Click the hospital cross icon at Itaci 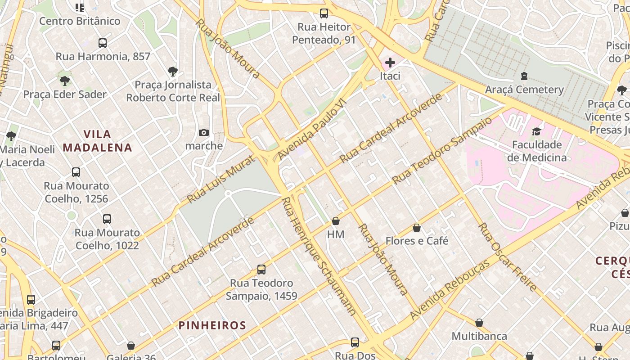tap(390, 62)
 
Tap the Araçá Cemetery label tap(524, 90)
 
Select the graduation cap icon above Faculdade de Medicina tap(536, 131)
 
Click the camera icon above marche tap(204, 132)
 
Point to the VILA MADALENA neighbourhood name tap(98, 141)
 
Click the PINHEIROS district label tap(212, 325)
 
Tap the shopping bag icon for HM tap(336, 221)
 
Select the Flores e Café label tap(417, 241)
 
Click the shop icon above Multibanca tap(479, 323)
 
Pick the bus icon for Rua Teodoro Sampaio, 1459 tap(261, 270)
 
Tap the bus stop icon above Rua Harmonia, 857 tap(103, 43)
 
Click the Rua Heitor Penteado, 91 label tap(324, 34)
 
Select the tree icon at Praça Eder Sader tap(65, 81)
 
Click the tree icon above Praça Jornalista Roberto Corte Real tap(172, 71)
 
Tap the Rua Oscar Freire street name tap(508, 257)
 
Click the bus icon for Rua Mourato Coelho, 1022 tap(107, 219)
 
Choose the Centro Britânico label tap(80, 21)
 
